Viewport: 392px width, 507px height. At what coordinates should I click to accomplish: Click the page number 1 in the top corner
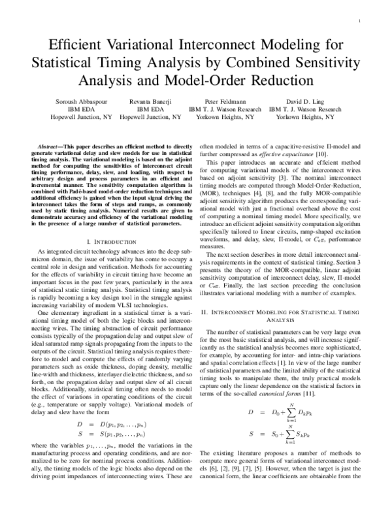(360, 22)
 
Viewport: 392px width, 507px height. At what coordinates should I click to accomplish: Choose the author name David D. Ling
(304, 102)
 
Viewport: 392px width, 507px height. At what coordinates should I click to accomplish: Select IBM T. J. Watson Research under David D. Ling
(304, 110)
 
